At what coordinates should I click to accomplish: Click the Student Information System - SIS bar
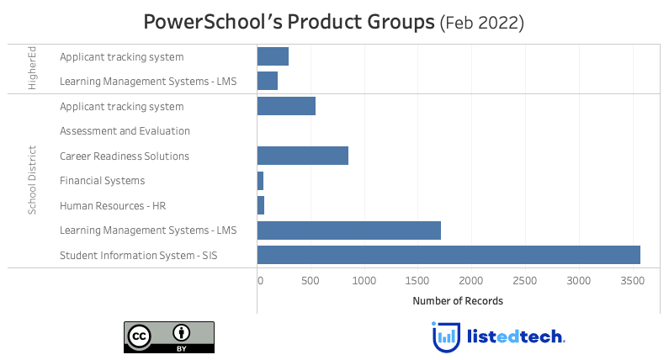click(449, 255)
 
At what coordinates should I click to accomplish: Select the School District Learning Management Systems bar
click(349, 230)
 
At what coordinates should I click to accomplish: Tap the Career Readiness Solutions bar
click(302, 156)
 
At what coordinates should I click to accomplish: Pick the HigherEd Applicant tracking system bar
click(273, 56)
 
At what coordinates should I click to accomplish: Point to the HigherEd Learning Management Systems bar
click(267, 81)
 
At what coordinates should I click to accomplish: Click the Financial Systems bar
click(260, 181)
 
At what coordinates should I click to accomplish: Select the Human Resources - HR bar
click(261, 205)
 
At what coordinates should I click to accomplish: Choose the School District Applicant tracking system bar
click(286, 106)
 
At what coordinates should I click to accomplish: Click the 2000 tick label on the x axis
click(471, 281)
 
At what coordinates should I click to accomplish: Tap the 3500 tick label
click(632, 281)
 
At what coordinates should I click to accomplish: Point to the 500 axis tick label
click(311, 281)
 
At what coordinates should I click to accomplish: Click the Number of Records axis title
click(458, 301)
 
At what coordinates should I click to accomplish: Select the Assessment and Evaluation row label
click(125, 131)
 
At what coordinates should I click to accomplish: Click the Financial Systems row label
click(103, 181)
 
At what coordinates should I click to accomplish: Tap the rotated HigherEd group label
click(32, 68)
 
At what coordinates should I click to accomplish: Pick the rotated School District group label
click(32, 180)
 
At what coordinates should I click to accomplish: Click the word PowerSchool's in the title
click(212, 22)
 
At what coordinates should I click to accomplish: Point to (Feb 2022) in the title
click(482, 23)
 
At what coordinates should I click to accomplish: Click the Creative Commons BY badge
click(169, 337)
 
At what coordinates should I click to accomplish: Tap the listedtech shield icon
click(446, 337)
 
